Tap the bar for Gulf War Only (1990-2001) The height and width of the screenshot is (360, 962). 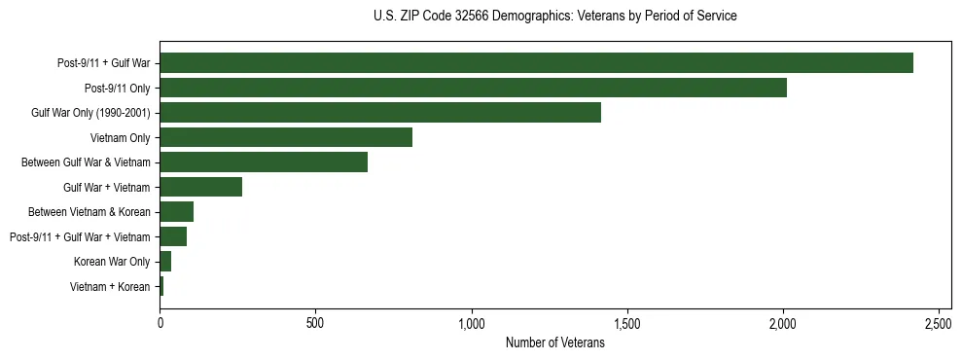[x=380, y=113]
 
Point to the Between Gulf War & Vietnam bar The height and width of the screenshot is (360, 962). [x=264, y=162]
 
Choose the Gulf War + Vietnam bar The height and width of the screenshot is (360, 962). [x=200, y=187]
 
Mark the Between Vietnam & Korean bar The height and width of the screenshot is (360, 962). [x=176, y=212]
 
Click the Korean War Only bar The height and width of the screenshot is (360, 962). [x=165, y=262]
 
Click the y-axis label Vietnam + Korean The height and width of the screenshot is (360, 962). [x=110, y=287]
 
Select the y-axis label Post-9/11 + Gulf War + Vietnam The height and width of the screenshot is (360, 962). [x=80, y=237]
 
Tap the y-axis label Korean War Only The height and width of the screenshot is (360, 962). [x=112, y=262]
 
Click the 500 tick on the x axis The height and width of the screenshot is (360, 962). [x=315, y=322]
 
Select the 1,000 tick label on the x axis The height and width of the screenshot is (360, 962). [x=471, y=322]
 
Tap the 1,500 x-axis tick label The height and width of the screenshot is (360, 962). [x=626, y=322]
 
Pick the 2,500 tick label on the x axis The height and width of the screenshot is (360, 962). [x=939, y=322]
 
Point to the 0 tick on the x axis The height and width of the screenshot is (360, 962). [x=160, y=322]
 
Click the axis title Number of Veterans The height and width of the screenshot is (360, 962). [x=555, y=342]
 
